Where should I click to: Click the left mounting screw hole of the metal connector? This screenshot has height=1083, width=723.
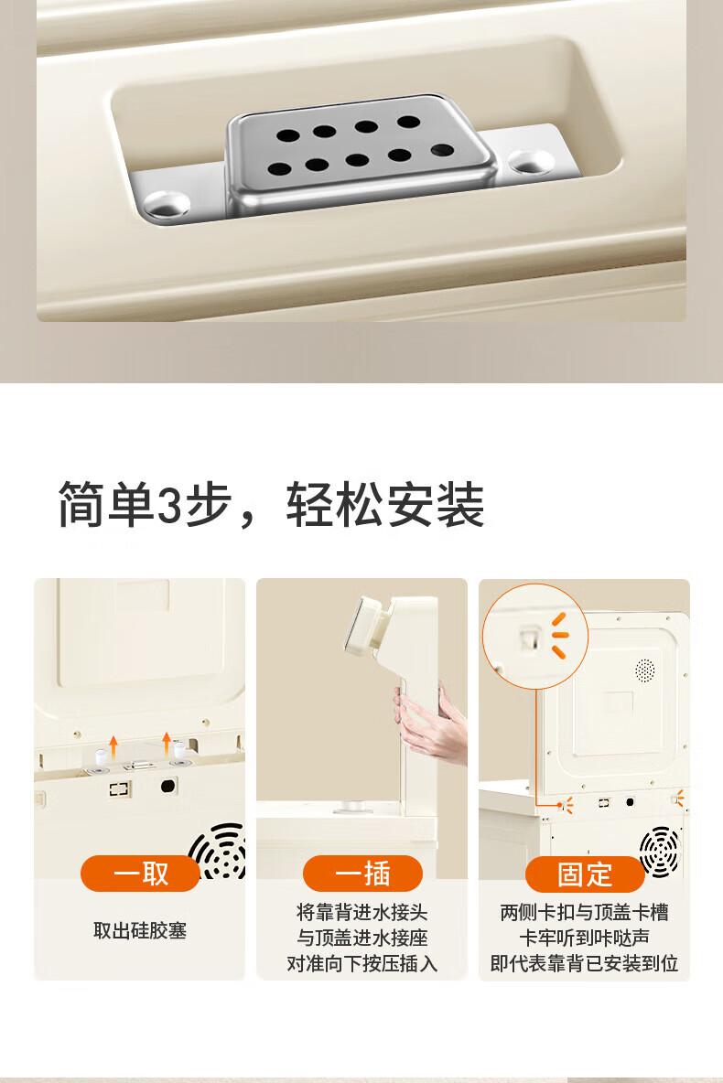click(167, 204)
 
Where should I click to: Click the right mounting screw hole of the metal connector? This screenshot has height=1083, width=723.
click(531, 162)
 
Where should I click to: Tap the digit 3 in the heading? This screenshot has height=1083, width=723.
click(169, 505)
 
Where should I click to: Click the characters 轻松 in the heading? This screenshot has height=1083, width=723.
click(336, 505)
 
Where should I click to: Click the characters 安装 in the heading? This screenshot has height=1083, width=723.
click(436, 505)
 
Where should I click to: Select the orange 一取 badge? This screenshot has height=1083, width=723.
click(140, 874)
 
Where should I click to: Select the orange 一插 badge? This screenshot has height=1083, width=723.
click(362, 874)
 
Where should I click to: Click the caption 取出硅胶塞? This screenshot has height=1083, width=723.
click(140, 930)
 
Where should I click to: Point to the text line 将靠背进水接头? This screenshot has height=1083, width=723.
click(362, 912)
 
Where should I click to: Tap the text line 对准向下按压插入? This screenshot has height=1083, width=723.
click(362, 963)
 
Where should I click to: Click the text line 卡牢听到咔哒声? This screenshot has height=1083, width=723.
click(585, 938)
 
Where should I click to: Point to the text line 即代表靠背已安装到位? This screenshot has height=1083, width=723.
click(585, 963)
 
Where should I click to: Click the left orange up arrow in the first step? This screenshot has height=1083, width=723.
click(114, 746)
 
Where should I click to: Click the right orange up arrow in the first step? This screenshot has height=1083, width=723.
click(167, 743)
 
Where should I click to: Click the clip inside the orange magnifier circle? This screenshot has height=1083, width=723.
click(530, 638)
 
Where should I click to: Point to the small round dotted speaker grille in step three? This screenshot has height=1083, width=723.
click(645, 670)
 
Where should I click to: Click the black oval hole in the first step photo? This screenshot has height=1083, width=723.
click(168, 786)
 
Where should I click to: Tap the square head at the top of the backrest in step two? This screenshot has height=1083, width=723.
click(366, 624)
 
